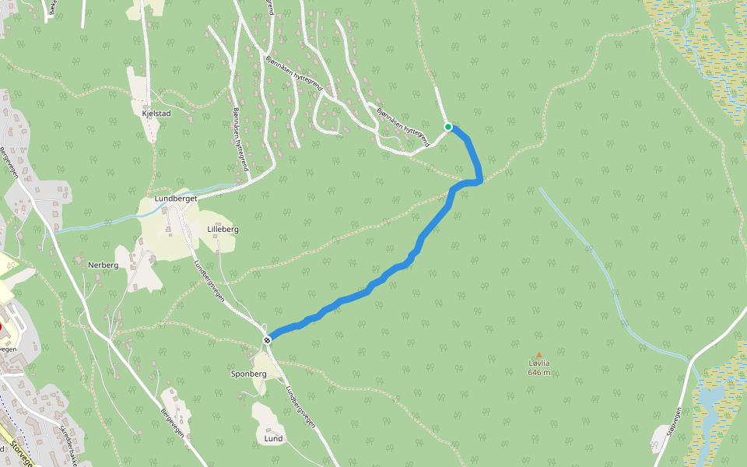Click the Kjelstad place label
[156, 113]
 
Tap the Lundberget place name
[176, 198]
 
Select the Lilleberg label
[223, 230]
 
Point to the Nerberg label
[103, 265]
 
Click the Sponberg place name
[248, 374]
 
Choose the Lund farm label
[273, 438]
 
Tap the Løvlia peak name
[539, 363]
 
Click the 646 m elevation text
[539, 372]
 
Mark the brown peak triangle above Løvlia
[538, 355]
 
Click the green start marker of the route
[448, 126]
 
